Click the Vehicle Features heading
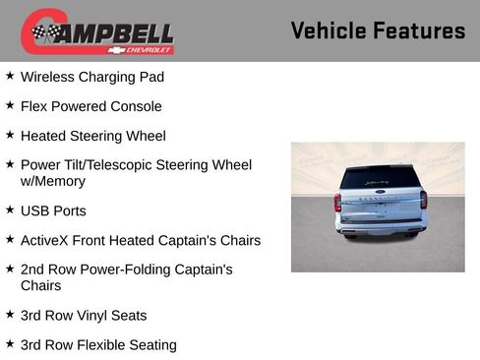tap(378, 30)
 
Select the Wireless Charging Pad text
tap(92, 77)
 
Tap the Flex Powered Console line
tap(91, 106)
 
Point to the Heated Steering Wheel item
tap(93, 136)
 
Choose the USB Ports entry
tap(53, 210)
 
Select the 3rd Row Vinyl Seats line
tap(84, 316)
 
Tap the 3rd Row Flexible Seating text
tap(98, 345)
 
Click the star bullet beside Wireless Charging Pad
tap(10, 76)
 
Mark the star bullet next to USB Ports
tap(10, 210)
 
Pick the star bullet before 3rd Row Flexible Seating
tap(10, 344)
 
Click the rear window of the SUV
tap(379, 178)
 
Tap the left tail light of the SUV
tap(337, 203)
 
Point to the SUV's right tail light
tap(423, 200)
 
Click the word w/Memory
tap(53, 181)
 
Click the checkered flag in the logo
tap(44, 32)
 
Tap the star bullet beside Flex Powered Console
tap(10, 105)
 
